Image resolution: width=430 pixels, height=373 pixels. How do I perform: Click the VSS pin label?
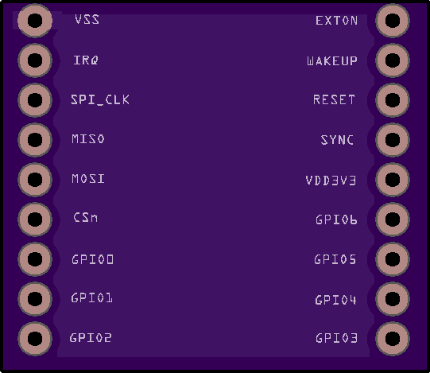pyautogui.click(x=87, y=20)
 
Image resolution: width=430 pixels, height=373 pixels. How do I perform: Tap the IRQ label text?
pyautogui.click(x=86, y=60)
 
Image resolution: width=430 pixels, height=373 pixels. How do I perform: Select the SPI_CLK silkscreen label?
pyautogui.click(x=100, y=99)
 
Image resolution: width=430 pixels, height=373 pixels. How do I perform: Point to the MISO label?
pyautogui.click(x=88, y=139)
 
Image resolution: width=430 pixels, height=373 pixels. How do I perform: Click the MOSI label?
pyautogui.click(x=88, y=179)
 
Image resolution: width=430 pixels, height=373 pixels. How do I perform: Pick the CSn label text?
pyautogui.click(x=85, y=218)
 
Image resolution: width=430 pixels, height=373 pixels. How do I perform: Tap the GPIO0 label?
pyautogui.click(x=92, y=259)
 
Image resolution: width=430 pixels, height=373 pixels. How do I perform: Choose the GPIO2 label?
pyautogui.click(x=91, y=338)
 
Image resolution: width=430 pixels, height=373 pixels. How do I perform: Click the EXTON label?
pyautogui.click(x=337, y=21)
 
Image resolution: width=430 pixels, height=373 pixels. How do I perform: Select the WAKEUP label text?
pyautogui.click(x=332, y=61)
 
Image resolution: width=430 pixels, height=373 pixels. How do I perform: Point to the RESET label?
pyautogui.click(x=334, y=100)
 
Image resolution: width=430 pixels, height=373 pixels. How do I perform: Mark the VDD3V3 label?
pyautogui.click(x=331, y=181)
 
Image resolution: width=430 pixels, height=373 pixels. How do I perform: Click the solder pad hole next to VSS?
pyautogui.click(x=35, y=21)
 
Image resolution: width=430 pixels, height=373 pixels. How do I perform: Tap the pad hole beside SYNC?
pyautogui.click(x=393, y=140)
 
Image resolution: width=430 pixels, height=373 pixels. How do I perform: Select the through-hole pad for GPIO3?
pyautogui.click(x=393, y=339)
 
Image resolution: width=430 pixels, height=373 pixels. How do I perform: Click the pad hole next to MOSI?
pyautogui.click(x=35, y=180)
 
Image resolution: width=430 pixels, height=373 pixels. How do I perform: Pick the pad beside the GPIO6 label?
pyautogui.click(x=393, y=220)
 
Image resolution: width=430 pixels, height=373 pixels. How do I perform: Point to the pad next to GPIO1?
pyautogui.click(x=35, y=298)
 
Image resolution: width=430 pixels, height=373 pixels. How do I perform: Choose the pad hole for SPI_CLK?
pyautogui.click(x=35, y=100)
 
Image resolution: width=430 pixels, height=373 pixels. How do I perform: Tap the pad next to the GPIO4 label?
pyautogui.click(x=393, y=298)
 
